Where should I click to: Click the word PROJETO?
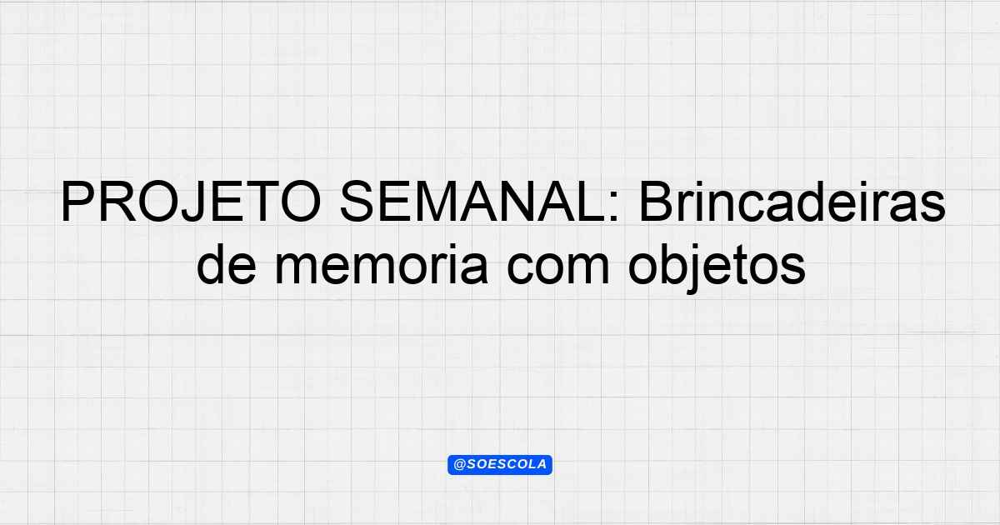click(x=191, y=202)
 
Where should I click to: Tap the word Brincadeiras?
click(x=792, y=202)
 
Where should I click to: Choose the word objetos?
click(x=717, y=267)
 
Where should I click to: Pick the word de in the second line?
click(x=227, y=265)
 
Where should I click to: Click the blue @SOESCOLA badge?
click(x=499, y=464)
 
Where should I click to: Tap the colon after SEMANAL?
click(x=614, y=207)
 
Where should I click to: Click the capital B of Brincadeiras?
click(x=656, y=202)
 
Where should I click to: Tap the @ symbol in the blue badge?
click(x=459, y=464)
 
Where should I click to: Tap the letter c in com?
click(x=522, y=268)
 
